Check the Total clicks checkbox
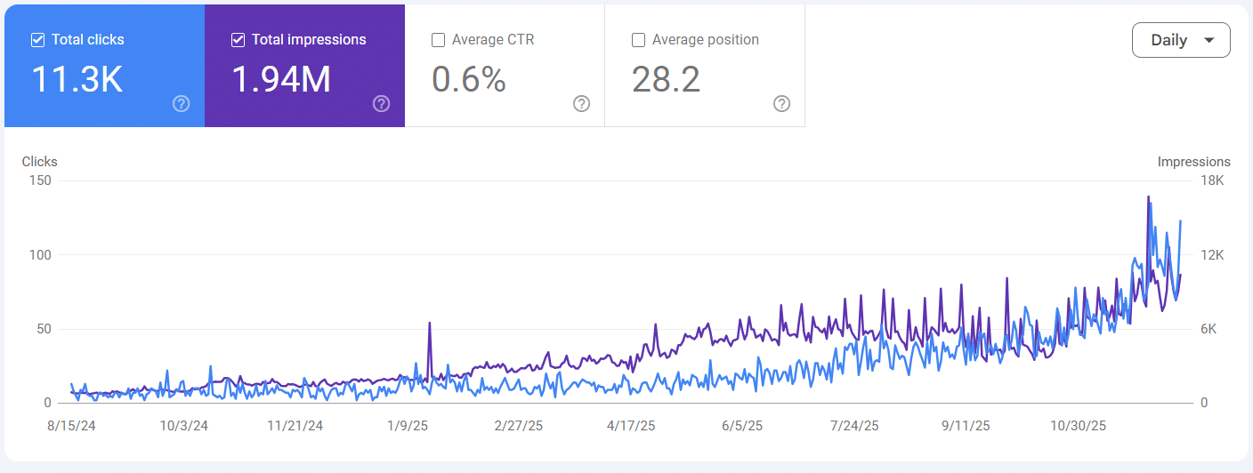37,40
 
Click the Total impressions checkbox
238,40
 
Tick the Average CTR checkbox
438,40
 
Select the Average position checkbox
638,40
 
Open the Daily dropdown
1180,40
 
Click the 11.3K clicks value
77,79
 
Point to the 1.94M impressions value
281,79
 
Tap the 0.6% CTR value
469,79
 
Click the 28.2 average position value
666,79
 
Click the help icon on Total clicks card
181,104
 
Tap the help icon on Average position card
781,104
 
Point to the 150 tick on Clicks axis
41,180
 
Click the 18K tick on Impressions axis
1212,180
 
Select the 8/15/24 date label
70,426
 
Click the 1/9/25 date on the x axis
407,426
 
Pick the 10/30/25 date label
1078,426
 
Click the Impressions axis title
1193,162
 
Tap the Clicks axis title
39,162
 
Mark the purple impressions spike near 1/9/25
430,324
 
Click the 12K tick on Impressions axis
1212,255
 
